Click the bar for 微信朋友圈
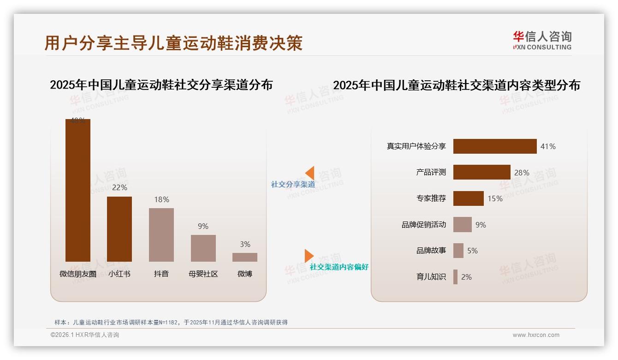(77, 190)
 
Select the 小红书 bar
(119, 229)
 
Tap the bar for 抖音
(161, 234)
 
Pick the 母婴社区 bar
(203, 248)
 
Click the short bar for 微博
(245, 257)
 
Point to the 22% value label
(119, 187)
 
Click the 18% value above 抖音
(161, 199)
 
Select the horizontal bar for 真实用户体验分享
(495, 146)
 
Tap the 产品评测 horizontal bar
(481, 172)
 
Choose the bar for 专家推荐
(468, 198)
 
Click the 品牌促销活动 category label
(423, 225)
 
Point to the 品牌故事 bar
(458, 251)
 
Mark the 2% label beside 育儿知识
(466, 277)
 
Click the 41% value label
(548, 146)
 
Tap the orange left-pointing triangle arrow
(310, 173)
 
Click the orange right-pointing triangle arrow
(309, 256)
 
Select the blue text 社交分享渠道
(293, 185)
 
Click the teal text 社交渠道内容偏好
(339, 267)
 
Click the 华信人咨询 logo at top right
(542, 40)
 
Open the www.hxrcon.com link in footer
(536, 335)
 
